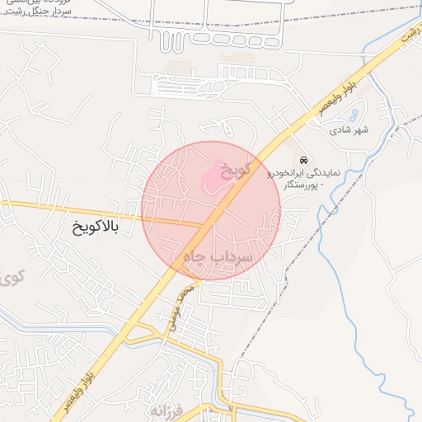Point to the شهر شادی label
[x=349, y=130]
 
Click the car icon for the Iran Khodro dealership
[x=303, y=159]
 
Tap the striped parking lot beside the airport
[x=185, y=86]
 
